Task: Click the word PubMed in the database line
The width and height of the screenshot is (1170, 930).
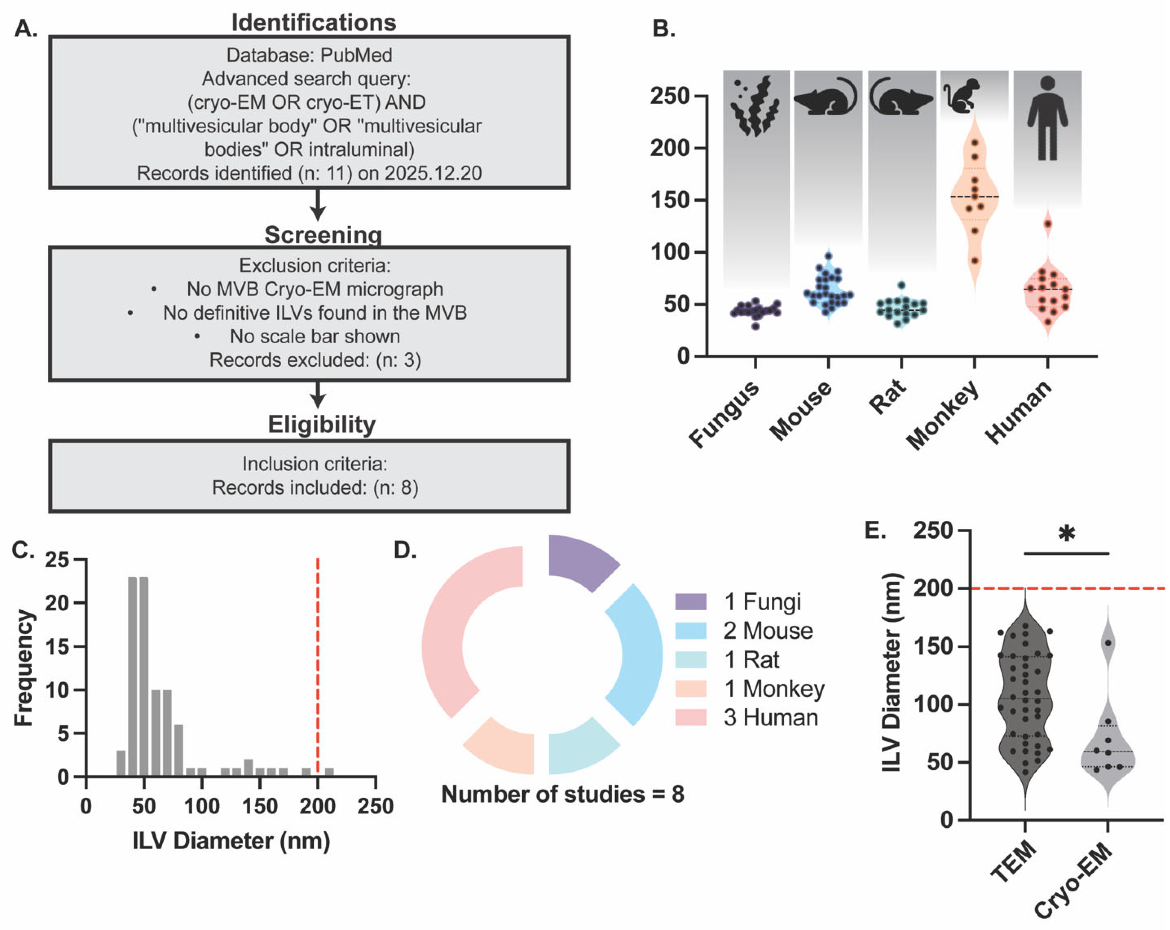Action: click(x=356, y=55)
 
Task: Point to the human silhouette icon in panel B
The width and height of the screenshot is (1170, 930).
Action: click(x=1047, y=118)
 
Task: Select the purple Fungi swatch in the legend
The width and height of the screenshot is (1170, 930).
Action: click(x=691, y=601)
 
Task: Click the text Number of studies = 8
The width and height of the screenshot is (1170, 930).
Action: click(x=563, y=794)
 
